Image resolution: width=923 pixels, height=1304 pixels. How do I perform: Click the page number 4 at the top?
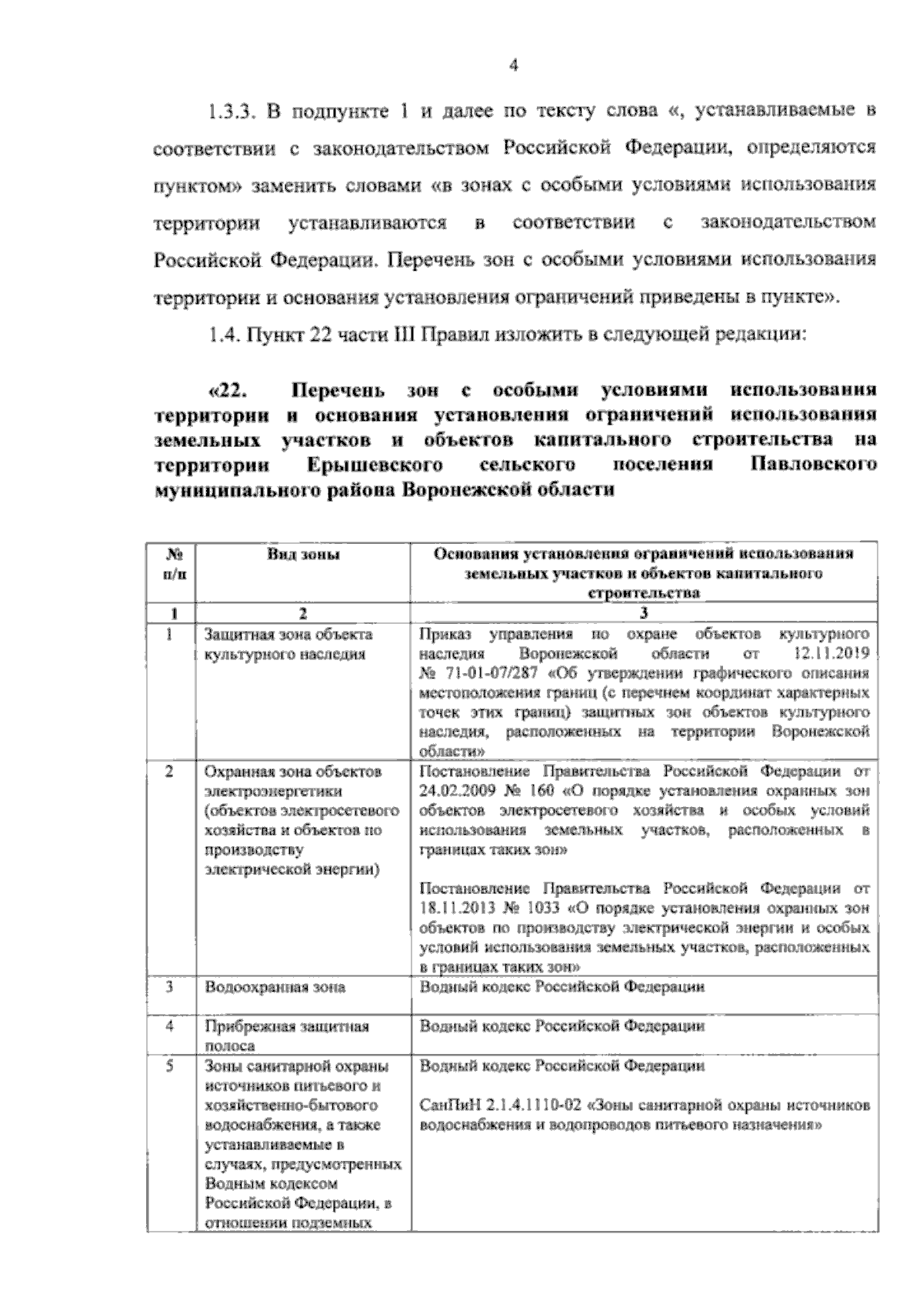514,65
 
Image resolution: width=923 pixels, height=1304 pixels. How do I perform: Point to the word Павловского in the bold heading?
812,465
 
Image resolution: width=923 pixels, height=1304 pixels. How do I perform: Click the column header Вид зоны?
303,555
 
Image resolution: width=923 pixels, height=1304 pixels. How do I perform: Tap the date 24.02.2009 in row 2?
455,790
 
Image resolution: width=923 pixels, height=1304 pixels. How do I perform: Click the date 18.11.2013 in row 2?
455,907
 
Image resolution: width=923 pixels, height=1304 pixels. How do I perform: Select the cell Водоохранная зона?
275,987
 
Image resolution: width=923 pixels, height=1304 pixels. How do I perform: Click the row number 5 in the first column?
169,1066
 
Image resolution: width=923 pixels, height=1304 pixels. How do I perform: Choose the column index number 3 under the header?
645,613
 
